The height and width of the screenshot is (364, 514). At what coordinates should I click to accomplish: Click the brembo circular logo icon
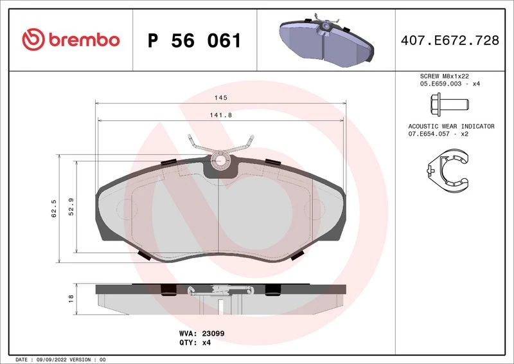point(33,39)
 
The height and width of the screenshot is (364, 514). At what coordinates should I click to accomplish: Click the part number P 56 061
point(195,41)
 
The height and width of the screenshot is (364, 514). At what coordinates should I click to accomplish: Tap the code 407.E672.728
point(450,41)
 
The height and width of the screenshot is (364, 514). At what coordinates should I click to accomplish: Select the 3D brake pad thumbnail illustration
point(326,41)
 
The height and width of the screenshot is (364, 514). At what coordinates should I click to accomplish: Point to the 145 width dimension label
point(220,98)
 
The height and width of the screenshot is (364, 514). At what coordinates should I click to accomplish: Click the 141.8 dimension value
point(221,115)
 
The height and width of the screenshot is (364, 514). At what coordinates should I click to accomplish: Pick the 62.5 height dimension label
point(54,208)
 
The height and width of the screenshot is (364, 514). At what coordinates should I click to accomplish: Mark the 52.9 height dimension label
point(71,207)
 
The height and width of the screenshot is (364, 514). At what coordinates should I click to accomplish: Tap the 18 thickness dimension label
point(71,298)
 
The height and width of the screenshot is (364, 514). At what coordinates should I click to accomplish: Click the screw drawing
point(449,104)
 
